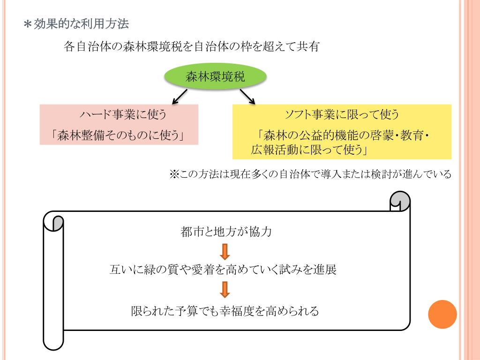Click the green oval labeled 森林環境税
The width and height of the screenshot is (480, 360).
[216, 77]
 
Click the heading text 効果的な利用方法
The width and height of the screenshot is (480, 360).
[81, 24]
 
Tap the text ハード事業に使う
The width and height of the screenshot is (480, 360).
[118, 114]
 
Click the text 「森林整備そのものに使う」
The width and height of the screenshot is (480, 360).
[118, 135]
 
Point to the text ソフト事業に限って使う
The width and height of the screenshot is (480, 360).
[342, 114]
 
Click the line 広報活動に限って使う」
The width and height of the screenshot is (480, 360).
[309, 150]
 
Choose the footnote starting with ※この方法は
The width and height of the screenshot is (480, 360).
[310, 174]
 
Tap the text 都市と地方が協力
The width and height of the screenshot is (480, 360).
[225, 232]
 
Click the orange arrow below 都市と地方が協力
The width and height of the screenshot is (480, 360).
[225, 251]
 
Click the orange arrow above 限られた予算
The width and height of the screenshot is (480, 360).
[225, 290]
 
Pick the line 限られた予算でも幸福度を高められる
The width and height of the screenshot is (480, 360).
[225, 310]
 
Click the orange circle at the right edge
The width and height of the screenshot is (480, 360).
[442, 314]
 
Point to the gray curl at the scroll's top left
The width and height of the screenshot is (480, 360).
[58, 223]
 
